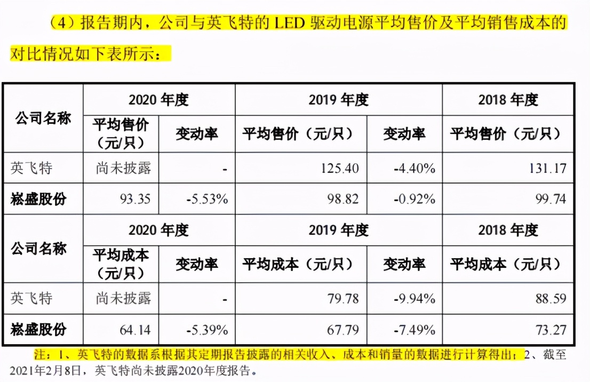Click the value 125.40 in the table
tap(339, 169)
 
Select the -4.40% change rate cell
tap(415, 169)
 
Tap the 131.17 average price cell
tap(545, 169)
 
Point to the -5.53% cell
tap(208, 200)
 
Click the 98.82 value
tap(342, 200)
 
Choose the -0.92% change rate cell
tap(415, 200)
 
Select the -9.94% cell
tap(415, 298)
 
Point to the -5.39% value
tap(208, 330)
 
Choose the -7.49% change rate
tap(415, 330)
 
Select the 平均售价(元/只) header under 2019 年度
tap(300, 133)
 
